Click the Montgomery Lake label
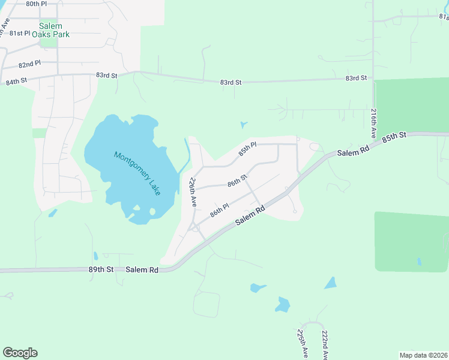click(x=137, y=173)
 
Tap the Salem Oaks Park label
click(x=54, y=30)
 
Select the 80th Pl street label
click(x=37, y=4)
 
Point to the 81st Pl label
click(x=19, y=34)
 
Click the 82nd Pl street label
click(x=29, y=64)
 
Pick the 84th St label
click(x=16, y=81)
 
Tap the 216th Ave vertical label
click(x=373, y=123)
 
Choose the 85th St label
click(x=395, y=137)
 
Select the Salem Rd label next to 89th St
click(x=142, y=271)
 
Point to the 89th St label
click(x=101, y=271)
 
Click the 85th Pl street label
click(x=247, y=149)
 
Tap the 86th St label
click(x=237, y=180)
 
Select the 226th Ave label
click(x=193, y=192)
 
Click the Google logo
click(x=20, y=353)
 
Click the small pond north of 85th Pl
click(x=243, y=125)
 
